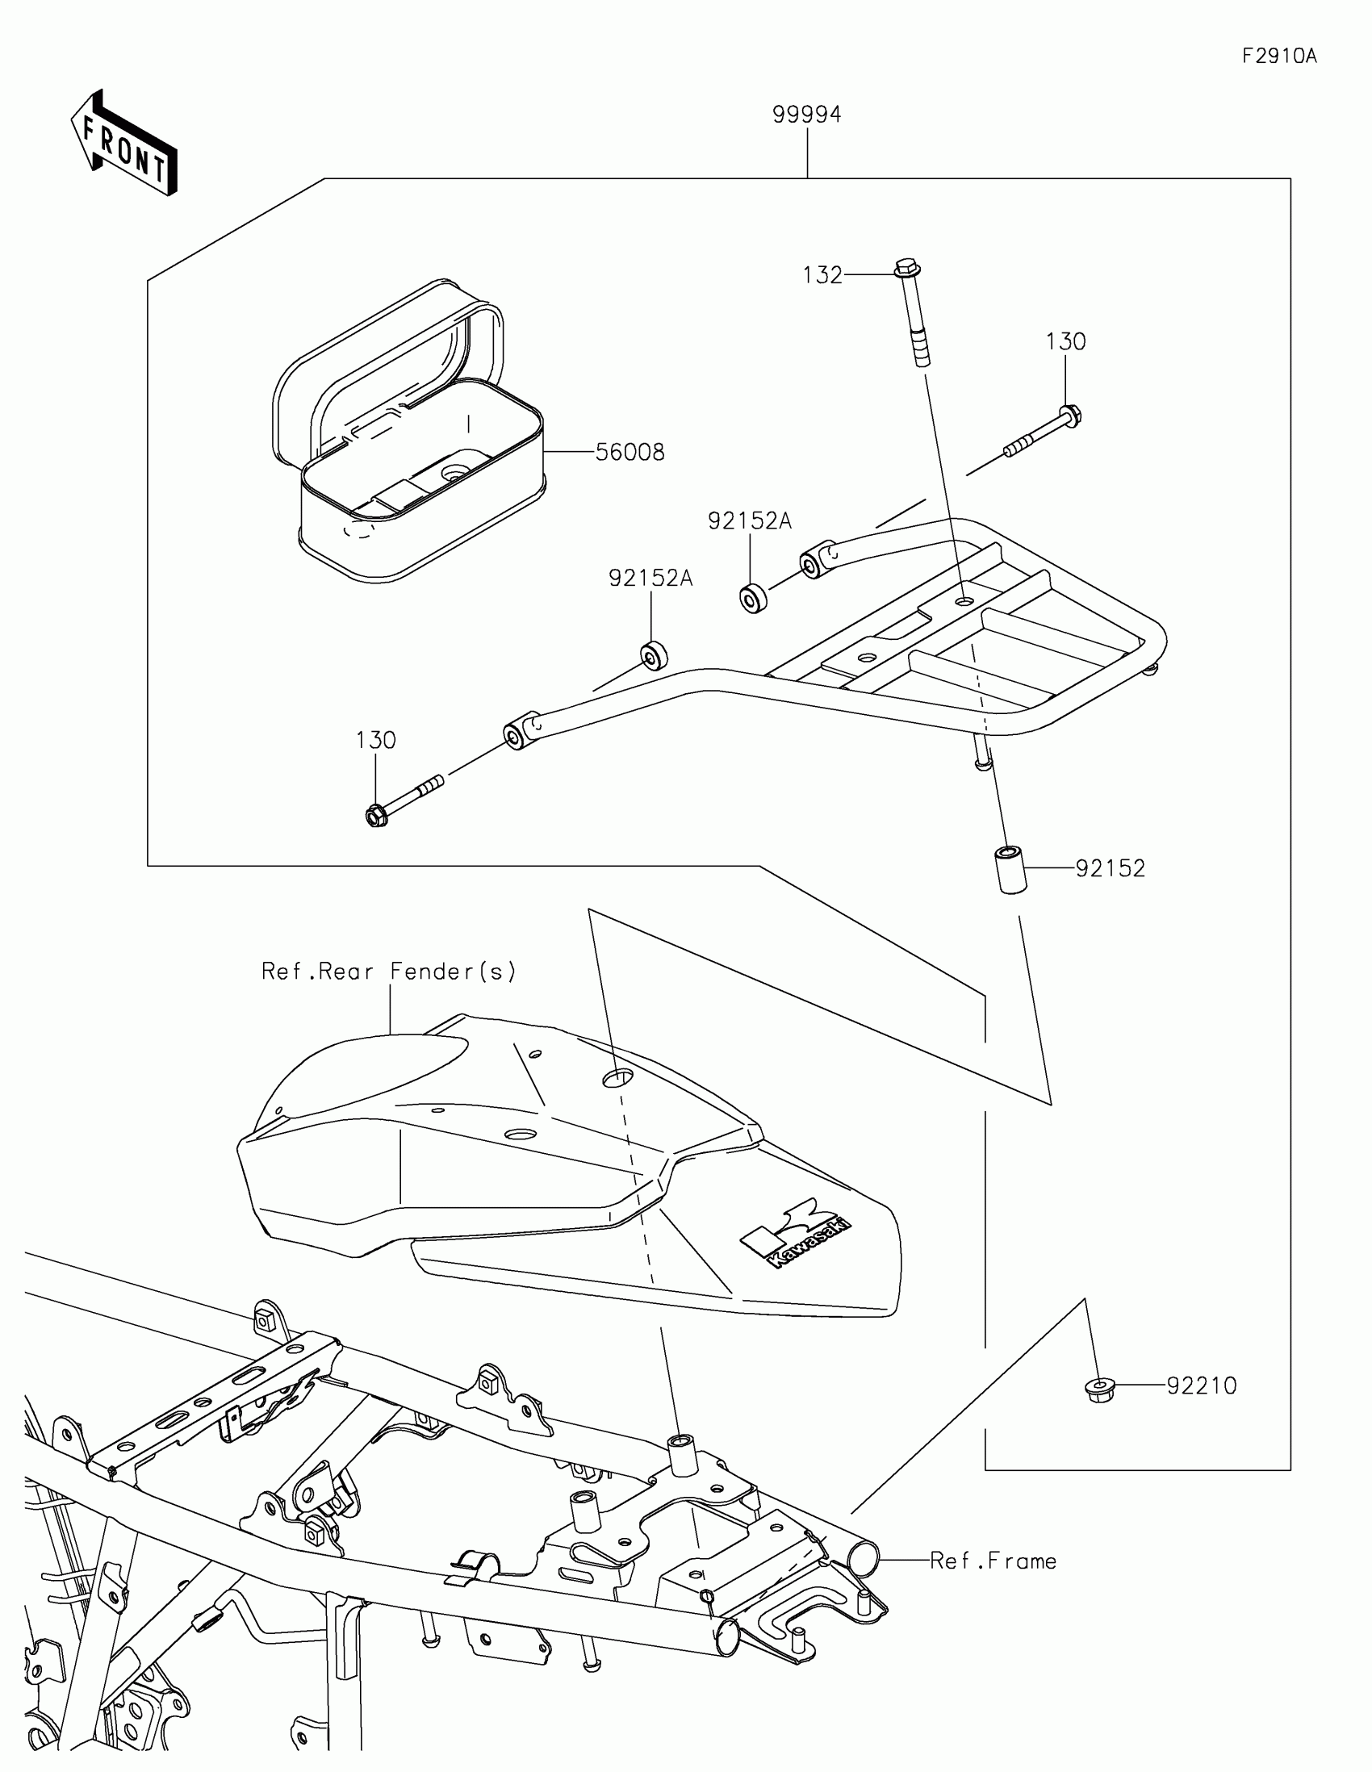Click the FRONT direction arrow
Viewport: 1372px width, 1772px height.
click(124, 144)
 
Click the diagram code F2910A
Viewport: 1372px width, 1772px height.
click(1278, 56)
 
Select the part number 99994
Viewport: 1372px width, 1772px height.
click(806, 115)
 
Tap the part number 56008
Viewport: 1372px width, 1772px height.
click(630, 452)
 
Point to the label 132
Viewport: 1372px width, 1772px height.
click(822, 276)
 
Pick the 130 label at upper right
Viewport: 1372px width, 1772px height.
click(1065, 341)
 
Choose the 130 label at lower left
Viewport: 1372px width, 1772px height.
click(375, 740)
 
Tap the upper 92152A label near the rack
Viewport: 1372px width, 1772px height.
click(749, 521)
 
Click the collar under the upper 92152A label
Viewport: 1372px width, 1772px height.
click(754, 598)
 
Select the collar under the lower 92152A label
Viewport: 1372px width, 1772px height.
click(653, 654)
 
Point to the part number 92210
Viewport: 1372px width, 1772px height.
click(1202, 1385)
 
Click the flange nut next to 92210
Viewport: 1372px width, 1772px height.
click(1100, 1389)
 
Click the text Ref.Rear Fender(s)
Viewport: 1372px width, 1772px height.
click(389, 972)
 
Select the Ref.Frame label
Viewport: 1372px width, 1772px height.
click(993, 1561)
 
